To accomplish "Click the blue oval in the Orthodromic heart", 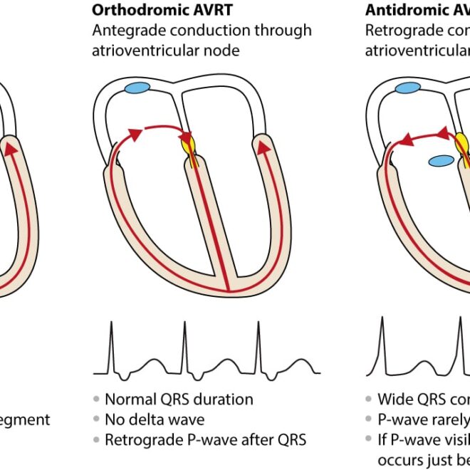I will tap(137, 88).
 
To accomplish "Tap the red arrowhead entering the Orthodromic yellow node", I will tap(186, 135).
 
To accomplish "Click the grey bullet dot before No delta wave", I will tap(97, 420).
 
